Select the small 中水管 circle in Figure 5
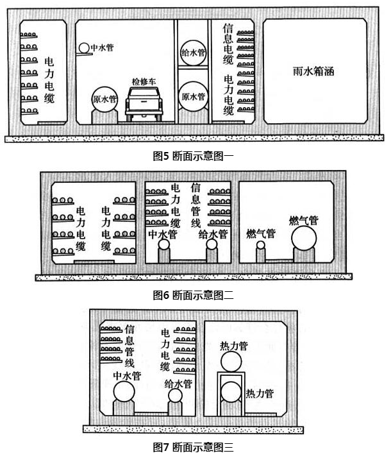(x=84, y=47)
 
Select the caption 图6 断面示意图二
(x=193, y=295)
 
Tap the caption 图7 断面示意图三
(x=193, y=446)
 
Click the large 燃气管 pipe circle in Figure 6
(x=304, y=240)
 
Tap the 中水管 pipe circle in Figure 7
(x=124, y=393)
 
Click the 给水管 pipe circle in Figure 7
(x=175, y=396)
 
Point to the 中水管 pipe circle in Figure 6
(x=165, y=244)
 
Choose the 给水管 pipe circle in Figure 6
(x=210, y=244)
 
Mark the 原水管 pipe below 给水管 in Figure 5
(x=193, y=97)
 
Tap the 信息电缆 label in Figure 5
(x=228, y=44)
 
